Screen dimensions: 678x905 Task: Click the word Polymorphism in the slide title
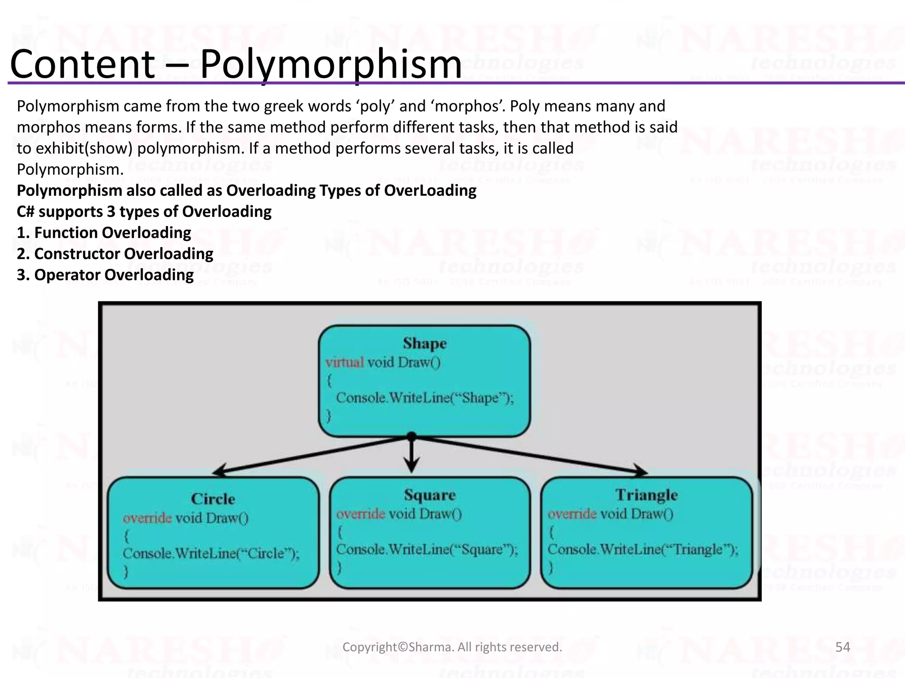331,65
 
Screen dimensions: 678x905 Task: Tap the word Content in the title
82,65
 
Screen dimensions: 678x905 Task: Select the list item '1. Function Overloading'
104,233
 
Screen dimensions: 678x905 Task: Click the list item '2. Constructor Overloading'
115,254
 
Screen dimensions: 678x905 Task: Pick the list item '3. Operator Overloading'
105,275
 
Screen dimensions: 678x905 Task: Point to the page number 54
843,647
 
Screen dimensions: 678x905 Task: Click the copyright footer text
452,647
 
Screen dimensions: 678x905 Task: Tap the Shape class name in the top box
425,343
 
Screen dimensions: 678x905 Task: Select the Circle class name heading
213,499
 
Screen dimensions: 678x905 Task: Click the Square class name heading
430,495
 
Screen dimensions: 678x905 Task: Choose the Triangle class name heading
646,495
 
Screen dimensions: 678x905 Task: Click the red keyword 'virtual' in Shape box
345,362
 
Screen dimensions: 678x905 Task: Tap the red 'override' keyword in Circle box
147,518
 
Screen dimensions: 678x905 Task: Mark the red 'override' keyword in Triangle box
572,514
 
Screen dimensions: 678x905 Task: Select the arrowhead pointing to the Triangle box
640,471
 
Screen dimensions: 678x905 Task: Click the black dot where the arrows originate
411,437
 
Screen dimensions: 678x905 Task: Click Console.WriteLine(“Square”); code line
427,550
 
